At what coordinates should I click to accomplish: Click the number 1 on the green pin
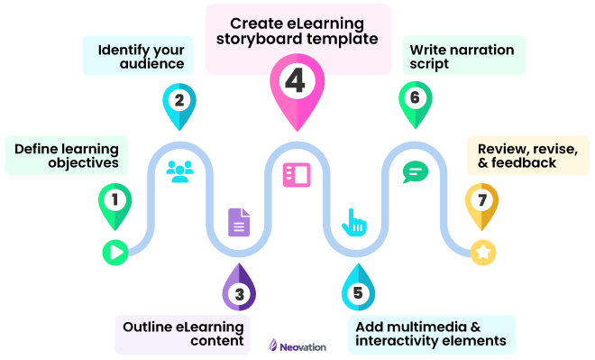click(114, 198)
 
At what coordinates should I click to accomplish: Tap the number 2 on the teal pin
click(179, 100)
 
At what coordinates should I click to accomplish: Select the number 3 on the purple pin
click(239, 293)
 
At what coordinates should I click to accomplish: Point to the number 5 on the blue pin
click(358, 292)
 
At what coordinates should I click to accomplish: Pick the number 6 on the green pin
click(414, 97)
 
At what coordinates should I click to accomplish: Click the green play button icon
click(114, 252)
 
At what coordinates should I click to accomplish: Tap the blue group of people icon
click(179, 171)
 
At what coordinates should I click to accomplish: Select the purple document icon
click(239, 222)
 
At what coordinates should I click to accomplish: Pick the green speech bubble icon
click(415, 171)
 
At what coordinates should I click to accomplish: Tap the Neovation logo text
click(305, 346)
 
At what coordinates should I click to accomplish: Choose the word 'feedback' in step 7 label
click(526, 163)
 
